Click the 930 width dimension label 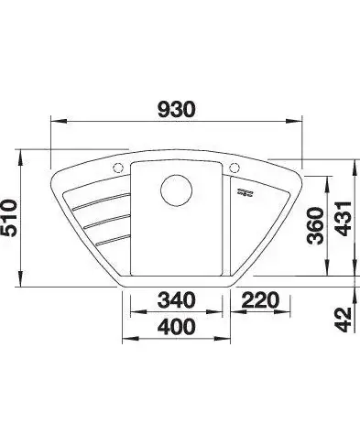point(176,109)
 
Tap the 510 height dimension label point(8,218)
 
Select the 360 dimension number point(315,225)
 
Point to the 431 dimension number point(344,219)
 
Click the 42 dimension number point(344,320)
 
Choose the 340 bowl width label point(176,299)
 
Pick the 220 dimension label point(260,299)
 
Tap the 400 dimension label point(176,326)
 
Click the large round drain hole point(176,190)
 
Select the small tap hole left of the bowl point(117,168)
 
